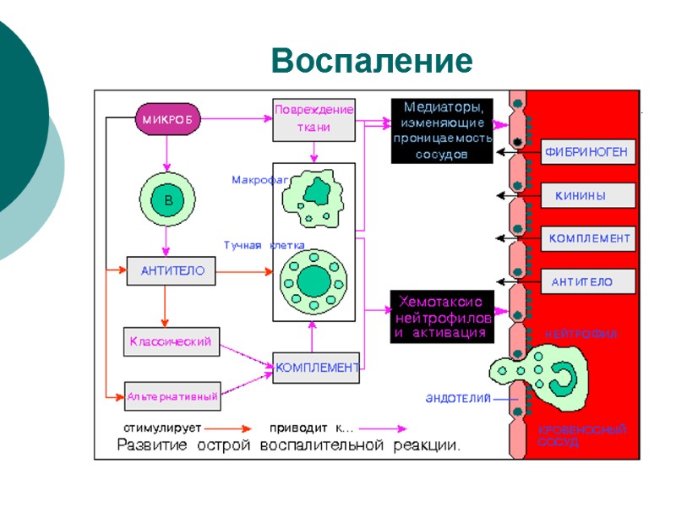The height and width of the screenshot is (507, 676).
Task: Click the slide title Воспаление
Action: [372, 62]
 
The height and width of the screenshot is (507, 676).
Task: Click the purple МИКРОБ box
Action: [166, 119]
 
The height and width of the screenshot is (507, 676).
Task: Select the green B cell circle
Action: [167, 200]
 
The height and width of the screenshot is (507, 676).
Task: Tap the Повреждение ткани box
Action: [313, 120]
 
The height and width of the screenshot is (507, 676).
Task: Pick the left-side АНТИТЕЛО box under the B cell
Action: [170, 271]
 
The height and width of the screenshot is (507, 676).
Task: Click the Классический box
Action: [170, 341]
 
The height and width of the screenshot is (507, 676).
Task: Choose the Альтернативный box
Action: [172, 395]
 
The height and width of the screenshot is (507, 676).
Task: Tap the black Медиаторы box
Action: [442, 131]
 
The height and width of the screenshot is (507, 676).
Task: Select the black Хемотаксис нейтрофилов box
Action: [441, 317]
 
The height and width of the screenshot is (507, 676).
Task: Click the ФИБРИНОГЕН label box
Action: [586, 153]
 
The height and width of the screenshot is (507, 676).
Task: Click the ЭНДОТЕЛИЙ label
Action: [458, 398]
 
